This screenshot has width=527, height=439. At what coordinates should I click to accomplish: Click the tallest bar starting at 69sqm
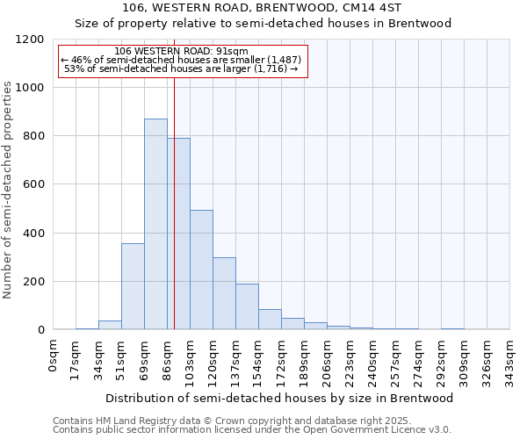pos(155,224)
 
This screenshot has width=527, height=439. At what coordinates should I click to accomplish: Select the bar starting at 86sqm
pos(178,234)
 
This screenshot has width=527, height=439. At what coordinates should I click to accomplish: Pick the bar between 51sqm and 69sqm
pos(133,286)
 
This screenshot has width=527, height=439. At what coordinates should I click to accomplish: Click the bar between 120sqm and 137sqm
pos(224,293)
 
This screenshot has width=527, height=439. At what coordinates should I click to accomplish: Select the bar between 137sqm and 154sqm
pos(247,306)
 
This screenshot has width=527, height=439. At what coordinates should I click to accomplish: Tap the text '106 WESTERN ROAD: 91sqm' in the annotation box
pos(182,51)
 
